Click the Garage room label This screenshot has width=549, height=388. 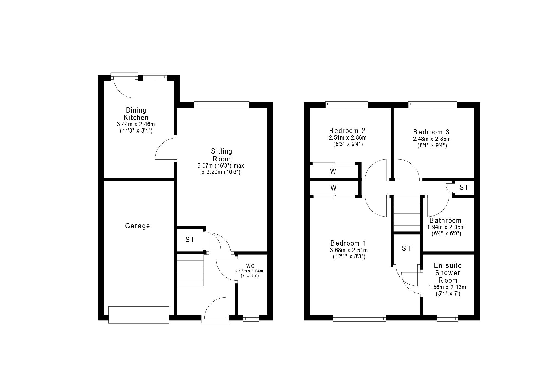tap(138, 226)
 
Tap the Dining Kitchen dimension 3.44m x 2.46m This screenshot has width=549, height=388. tap(136, 124)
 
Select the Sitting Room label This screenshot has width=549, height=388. tap(222, 155)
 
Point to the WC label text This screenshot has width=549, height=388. tap(250, 266)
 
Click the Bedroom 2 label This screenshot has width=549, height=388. tap(347, 130)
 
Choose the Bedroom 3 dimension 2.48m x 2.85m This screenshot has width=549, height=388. tap(432, 139)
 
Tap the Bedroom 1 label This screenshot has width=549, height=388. tap(348, 243)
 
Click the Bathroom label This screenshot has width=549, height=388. tap(446, 220)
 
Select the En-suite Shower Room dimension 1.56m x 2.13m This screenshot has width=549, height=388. tap(447, 287)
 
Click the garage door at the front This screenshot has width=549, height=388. tap(139, 315)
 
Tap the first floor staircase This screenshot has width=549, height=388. tap(407, 214)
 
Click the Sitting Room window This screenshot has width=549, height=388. tap(221, 104)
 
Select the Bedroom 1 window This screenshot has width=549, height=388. tap(359, 318)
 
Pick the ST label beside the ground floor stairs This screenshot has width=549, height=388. tap(190, 240)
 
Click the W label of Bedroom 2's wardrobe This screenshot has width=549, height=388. tap(334, 172)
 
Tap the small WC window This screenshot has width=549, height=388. tap(251, 318)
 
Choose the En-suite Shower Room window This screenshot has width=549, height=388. tap(447, 318)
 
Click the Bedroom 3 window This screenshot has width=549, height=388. tap(433, 104)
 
